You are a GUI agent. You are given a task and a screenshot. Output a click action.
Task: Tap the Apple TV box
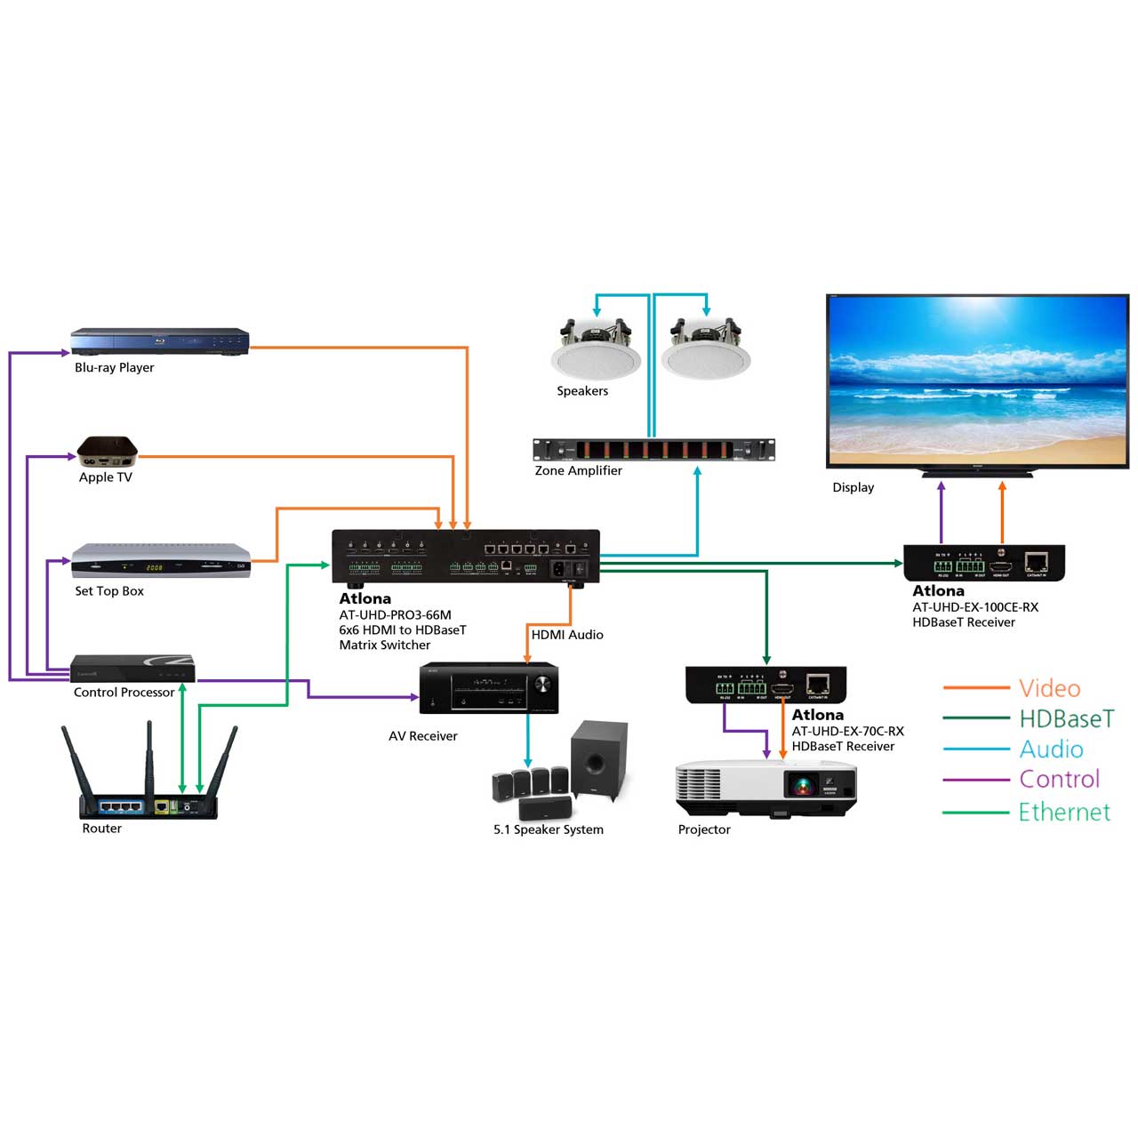coord(107,452)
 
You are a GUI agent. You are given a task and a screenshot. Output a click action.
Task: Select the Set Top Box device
coord(161,561)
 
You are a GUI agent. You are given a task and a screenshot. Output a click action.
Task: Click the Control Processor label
coord(124,693)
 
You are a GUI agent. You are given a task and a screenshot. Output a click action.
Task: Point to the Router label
coord(101,829)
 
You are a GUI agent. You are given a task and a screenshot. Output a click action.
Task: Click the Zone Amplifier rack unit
coord(653,450)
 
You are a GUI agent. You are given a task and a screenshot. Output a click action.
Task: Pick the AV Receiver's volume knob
coord(541,684)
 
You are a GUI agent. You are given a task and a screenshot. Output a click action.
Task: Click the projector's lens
coord(802,785)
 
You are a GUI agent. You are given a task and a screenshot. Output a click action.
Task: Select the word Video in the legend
coord(1050,688)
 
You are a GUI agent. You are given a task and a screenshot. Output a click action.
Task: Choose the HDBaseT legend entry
coord(1066,718)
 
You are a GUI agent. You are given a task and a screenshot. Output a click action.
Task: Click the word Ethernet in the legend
coord(1064,812)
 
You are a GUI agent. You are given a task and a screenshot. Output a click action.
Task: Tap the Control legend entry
coord(1059,780)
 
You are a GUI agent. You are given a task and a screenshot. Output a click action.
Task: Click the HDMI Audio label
coord(567,635)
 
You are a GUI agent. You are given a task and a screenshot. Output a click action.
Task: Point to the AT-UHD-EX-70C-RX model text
coord(847,731)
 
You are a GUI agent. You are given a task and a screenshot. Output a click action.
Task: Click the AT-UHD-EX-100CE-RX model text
coord(974,607)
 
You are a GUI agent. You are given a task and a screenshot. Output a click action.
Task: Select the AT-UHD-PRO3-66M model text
coord(395,614)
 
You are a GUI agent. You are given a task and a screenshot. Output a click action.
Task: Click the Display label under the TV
coord(853,487)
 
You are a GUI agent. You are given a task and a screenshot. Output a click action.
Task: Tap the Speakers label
coord(582,391)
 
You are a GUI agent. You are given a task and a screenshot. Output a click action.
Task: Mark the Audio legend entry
coord(1051,749)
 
